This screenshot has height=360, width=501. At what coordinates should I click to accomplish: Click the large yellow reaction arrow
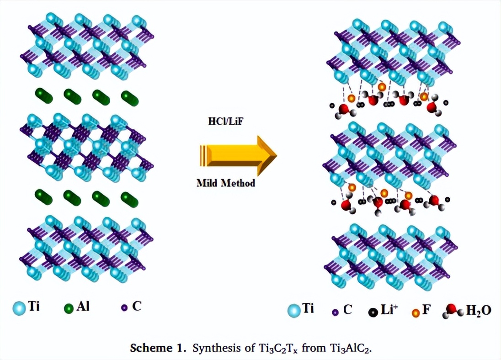(238, 155)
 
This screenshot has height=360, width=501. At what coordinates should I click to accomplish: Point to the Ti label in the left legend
(34, 306)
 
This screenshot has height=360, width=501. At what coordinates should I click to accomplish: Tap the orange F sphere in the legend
(416, 313)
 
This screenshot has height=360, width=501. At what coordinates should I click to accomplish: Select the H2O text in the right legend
(479, 311)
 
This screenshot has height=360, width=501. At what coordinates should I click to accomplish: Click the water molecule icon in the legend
(453, 311)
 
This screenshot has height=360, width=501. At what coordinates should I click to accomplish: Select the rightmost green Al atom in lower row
(130, 198)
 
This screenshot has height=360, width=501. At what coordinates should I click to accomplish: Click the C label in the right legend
(348, 310)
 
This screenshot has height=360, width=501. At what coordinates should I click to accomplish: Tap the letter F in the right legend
(426, 310)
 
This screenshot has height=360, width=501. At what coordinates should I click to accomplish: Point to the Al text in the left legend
(83, 306)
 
